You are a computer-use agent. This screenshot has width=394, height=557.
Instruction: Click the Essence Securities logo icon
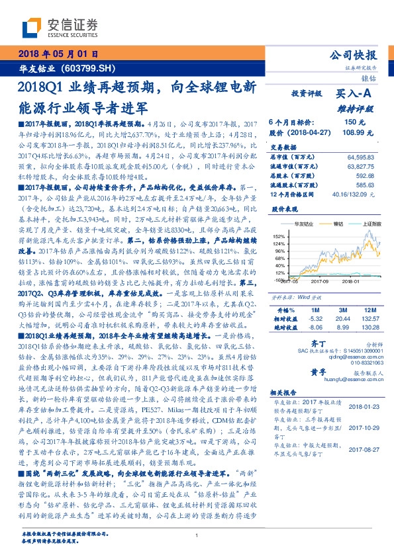pyautogui.click(x=32, y=27)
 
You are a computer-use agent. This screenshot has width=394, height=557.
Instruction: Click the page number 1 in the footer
pyautogui.click(x=197, y=536)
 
